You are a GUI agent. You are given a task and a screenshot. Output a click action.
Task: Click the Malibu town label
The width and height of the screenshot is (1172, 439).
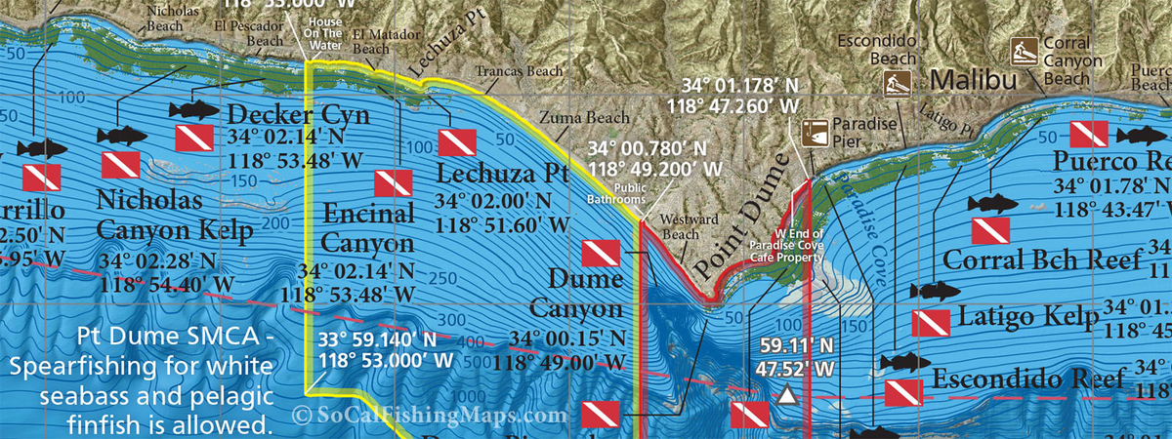[974, 80]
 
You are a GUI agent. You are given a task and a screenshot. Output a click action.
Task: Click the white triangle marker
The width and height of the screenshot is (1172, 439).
[786, 396]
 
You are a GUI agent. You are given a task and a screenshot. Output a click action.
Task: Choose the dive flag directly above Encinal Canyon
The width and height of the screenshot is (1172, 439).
[394, 182]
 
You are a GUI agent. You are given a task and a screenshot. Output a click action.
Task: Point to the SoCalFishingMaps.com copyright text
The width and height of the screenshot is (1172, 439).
[429, 415]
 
